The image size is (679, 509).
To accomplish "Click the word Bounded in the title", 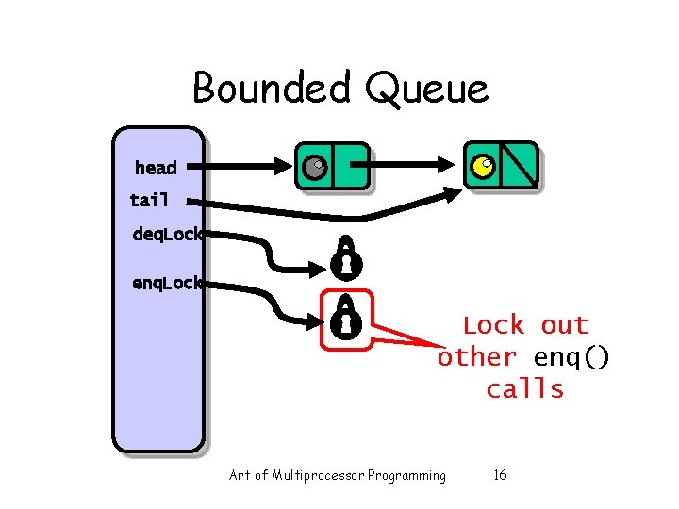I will point(268,89).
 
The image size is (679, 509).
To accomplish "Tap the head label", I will point(156,168).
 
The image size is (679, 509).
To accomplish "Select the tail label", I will point(150,200).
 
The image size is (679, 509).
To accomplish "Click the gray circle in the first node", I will point(314,168).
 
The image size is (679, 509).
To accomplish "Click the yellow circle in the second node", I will point(482,167).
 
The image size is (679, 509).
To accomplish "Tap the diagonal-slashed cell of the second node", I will point(519,166).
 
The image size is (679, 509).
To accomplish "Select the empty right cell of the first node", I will point(350,167).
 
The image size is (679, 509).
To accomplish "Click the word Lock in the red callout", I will point(493,325).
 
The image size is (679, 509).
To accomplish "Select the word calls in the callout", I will point(524,389).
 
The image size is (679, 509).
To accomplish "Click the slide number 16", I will point(500,475).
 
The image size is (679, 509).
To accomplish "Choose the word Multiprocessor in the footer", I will point(315,475).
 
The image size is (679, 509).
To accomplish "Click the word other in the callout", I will point(477,357).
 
